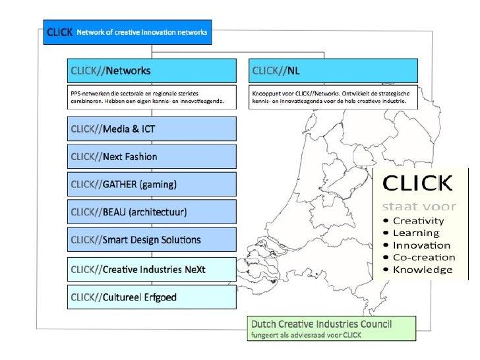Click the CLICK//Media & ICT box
(152, 129)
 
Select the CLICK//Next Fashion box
(152, 156)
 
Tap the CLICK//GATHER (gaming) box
(152, 184)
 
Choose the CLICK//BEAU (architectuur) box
(152, 212)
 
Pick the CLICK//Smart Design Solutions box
(152, 240)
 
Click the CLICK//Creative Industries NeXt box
(152, 268)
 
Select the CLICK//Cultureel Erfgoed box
(152, 297)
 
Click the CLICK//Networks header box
(152, 71)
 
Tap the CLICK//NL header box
(334, 71)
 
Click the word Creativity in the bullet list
(418, 220)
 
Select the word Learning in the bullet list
(415, 233)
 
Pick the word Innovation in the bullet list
(421, 245)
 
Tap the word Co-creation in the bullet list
(423, 257)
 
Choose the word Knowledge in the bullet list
(423, 270)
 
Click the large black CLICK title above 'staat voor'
(417, 182)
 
